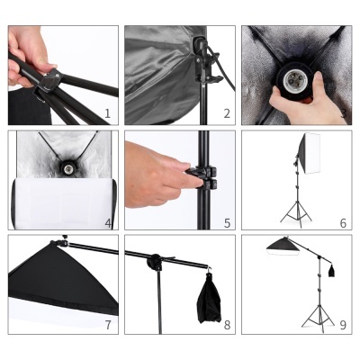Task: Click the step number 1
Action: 107,114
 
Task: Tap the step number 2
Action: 227,114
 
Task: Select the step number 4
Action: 108,222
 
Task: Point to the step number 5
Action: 227,222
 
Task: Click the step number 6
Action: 343,222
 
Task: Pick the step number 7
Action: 108,325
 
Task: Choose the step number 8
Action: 227,325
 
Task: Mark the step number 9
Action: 343,325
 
